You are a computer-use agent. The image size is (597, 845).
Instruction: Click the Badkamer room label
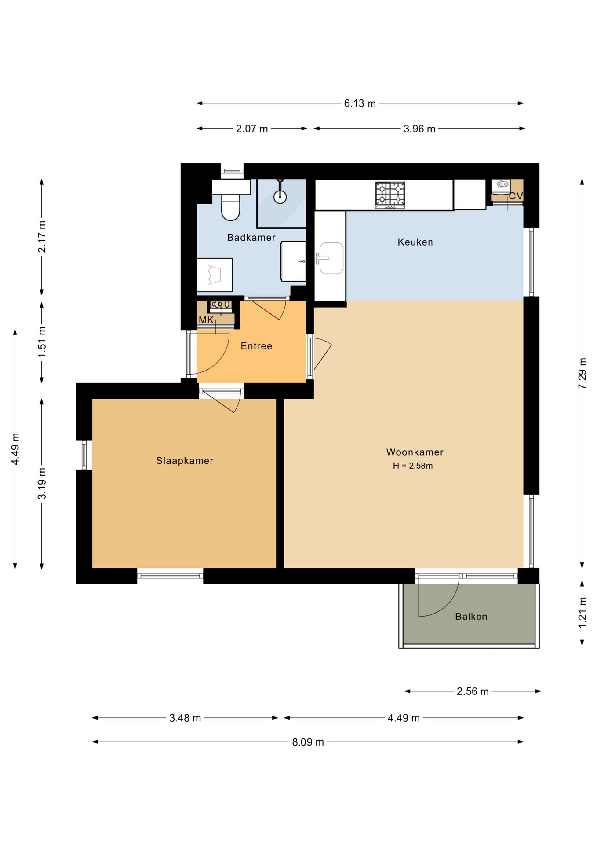251,238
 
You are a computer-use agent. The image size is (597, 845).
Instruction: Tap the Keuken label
415,242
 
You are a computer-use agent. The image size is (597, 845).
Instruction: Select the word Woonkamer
415,452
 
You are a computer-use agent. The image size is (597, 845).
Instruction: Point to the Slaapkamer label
185,461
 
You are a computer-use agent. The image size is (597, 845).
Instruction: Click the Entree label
256,346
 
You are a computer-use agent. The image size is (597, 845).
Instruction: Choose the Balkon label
471,617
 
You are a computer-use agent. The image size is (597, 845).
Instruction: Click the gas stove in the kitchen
390,195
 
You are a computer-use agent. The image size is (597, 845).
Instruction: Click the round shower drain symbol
280,197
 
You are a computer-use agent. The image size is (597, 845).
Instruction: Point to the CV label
516,196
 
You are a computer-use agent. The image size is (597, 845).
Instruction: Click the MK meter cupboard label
206,320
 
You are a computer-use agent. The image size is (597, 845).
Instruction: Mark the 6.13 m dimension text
360,103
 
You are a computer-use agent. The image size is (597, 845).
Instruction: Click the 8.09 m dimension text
308,742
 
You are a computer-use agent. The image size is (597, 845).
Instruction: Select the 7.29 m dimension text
582,373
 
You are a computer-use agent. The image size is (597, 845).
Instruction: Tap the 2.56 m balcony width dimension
473,691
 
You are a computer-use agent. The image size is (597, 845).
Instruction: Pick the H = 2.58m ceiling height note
413,466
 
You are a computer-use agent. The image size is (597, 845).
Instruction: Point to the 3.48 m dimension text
185,718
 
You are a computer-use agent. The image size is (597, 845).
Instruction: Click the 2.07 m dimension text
252,129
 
